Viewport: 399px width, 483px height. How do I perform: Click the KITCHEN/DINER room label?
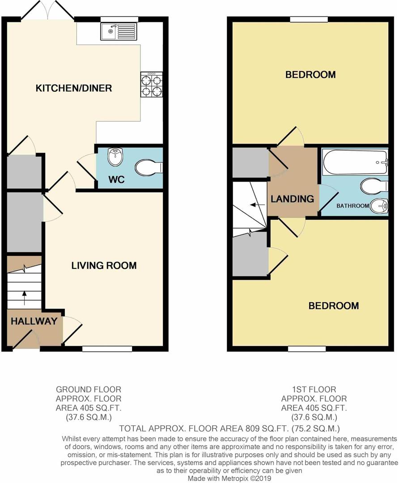74,88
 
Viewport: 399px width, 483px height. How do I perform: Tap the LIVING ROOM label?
104,266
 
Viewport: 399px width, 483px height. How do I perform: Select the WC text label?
116,180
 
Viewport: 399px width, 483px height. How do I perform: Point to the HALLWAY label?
34,321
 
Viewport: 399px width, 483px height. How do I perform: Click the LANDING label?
293,199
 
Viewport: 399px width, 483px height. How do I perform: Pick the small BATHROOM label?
353,206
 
